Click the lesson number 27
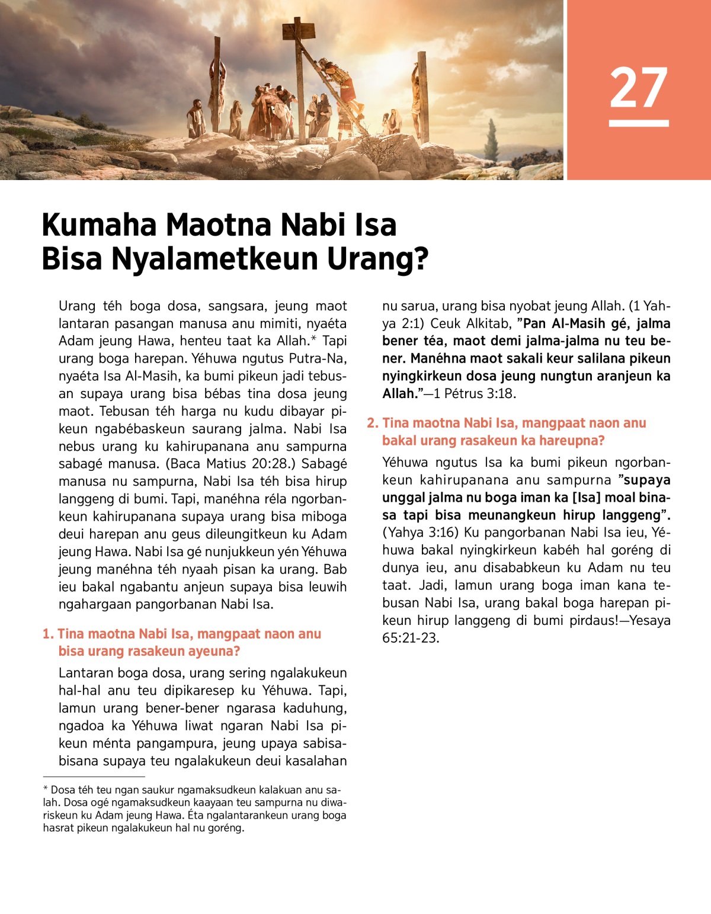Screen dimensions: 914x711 tap(639, 88)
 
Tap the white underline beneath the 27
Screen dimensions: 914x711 tap(639, 123)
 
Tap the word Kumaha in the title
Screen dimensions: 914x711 tap(99, 225)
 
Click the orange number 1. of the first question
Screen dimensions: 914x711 tap(48, 634)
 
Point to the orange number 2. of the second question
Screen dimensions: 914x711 tap(372, 423)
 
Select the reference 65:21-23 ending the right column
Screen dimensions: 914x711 tap(411, 638)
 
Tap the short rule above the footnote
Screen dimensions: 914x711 tap(94, 776)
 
